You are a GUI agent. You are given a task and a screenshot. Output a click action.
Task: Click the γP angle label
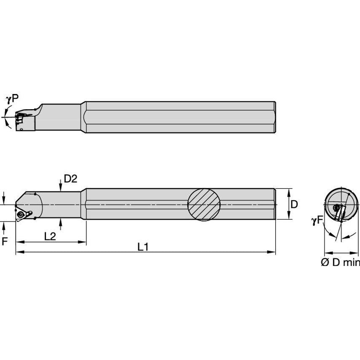click(12, 99)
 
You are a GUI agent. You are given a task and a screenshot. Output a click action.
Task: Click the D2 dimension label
click(70, 179)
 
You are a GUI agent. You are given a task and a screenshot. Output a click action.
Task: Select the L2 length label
click(50, 236)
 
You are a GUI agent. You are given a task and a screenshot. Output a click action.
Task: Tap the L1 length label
click(143, 247)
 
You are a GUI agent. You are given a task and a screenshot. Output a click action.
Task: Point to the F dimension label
click(5, 242)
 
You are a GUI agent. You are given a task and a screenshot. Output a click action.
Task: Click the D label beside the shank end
click(294, 204)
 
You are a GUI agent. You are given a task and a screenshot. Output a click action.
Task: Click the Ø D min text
click(340, 262)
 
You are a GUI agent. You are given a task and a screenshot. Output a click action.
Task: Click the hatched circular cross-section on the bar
click(204, 204)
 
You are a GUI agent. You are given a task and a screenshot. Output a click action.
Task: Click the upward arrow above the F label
click(4, 225)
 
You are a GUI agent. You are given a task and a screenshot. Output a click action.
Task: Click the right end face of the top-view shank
click(275, 118)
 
